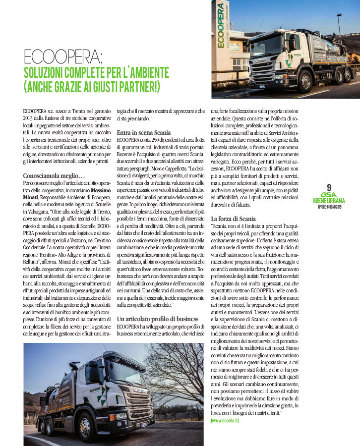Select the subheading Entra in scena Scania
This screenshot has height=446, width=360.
(143, 133)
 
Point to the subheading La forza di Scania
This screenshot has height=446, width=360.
(233, 219)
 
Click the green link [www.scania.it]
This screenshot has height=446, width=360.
(225, 420)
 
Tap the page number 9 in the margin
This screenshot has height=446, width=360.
(329, 187)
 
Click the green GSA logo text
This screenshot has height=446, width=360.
(329, 195)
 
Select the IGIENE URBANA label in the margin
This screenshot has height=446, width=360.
(329, 201)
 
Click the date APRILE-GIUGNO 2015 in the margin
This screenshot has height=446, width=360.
(329, 206)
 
